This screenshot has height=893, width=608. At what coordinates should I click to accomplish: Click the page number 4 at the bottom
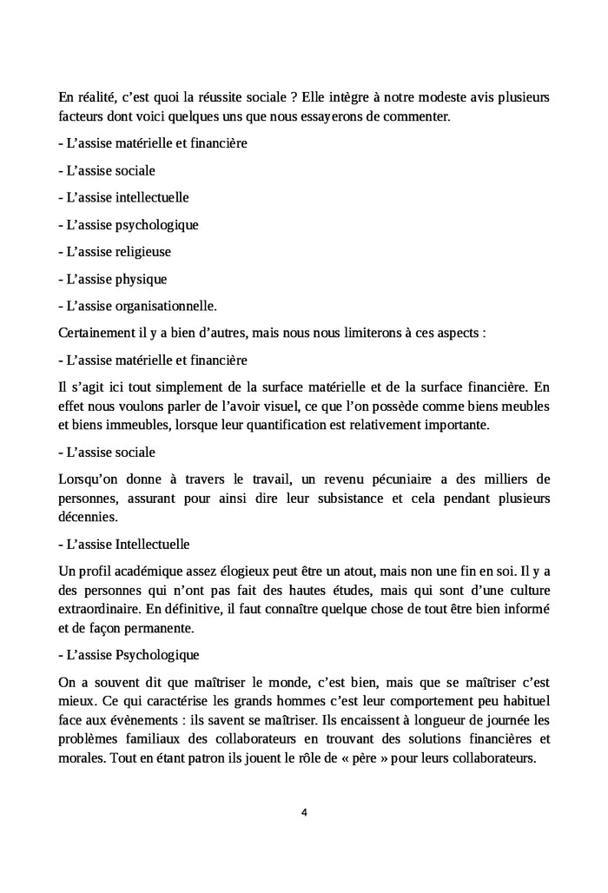pyautogui.click(x=304, y=813)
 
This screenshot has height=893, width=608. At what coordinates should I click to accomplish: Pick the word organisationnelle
pyautogui.click(x=165, y=306)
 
